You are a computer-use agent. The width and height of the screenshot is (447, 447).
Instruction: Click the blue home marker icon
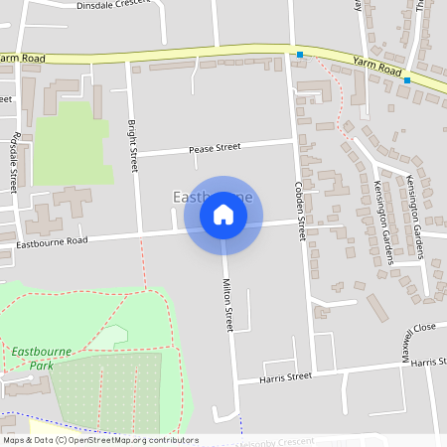(223, 215)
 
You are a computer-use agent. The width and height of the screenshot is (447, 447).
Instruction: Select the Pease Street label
(215, 148)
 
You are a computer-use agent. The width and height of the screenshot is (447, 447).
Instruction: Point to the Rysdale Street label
(13, 164)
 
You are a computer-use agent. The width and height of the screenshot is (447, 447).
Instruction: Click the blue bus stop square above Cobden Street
(300, 54)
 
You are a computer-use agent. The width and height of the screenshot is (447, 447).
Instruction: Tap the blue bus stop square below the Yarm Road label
(407, 79)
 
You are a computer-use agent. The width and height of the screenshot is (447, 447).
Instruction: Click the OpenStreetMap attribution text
(99, 440)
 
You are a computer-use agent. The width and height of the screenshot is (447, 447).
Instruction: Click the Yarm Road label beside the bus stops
(376, 66)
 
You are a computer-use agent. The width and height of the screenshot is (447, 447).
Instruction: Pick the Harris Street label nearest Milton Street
(286, 376)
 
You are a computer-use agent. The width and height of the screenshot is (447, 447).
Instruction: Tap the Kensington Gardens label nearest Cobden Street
(384, 222)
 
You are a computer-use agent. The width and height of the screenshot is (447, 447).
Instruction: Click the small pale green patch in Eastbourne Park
(110, 338)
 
